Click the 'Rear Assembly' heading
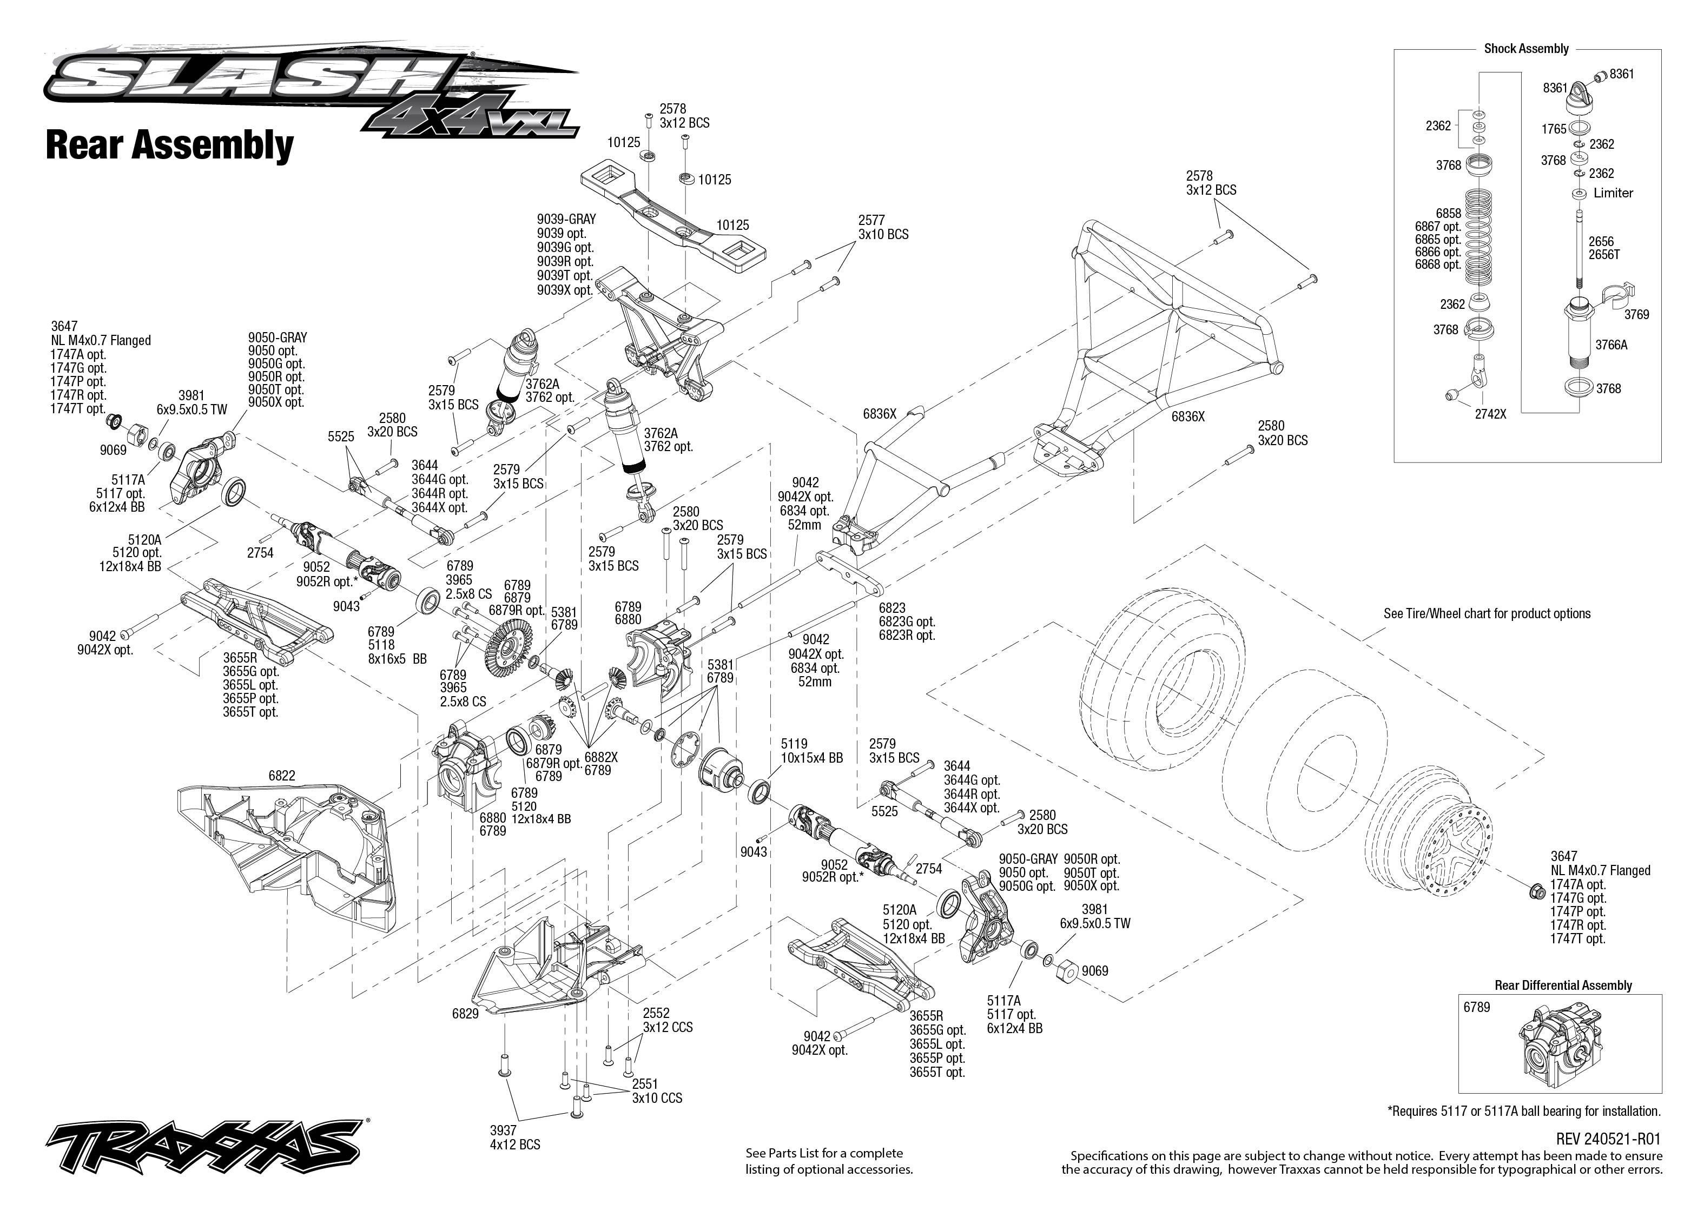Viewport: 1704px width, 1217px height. point(169,145)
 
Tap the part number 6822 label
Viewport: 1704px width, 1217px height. point(282,776)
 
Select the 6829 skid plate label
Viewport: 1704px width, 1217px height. point(465,1014)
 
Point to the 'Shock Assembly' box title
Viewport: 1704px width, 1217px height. point(1525,49)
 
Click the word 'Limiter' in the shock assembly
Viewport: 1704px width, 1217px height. point(1613,193)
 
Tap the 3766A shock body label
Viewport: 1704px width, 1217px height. point(1610,345)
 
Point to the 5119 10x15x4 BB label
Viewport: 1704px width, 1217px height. point(811,751)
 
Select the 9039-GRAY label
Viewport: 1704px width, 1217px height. point(566,219)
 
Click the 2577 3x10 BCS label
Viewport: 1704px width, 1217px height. point(883,227)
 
